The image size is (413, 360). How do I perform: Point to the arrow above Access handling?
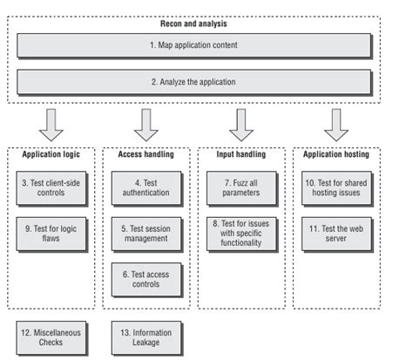146,123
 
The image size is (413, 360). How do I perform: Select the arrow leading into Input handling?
241,123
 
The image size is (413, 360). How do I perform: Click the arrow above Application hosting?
336,123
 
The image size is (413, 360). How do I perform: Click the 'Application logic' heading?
51,154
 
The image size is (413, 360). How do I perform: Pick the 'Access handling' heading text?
146,154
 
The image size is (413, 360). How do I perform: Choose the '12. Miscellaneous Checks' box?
51,337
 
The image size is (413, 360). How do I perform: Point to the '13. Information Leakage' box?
146,337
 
